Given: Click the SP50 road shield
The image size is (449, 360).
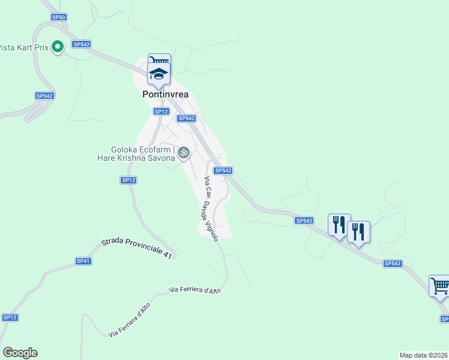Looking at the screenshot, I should tap(59, 17).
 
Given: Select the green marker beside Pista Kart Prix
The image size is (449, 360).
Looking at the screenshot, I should tap(58, 46).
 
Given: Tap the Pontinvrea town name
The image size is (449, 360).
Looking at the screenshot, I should tap(165, 94).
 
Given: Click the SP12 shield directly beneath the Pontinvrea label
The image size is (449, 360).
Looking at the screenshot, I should tap(160, 111).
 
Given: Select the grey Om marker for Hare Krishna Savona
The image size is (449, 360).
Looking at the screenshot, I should tap(184, 153).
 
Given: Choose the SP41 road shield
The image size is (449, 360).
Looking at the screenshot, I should tap(83, 261).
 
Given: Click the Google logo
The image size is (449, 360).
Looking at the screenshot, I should tap(20, 353).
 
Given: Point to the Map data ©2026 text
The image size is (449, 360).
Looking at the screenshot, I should tap(424, 355).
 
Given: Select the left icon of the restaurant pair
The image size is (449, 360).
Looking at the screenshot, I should tap(339, 225).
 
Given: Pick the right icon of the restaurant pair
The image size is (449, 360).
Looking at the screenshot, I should tap(358, 232).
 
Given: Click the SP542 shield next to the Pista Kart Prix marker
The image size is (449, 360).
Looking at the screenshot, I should tap(81, 44).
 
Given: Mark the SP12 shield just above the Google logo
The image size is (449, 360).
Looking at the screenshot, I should tap(10, 317).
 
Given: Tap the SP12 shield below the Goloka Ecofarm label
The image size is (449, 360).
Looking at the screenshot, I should tap(129, 180).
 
